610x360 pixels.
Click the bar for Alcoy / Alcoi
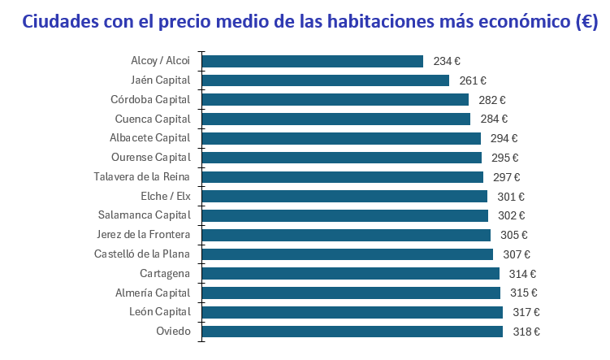pos(312,61)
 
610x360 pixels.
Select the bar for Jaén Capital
pos(325,80)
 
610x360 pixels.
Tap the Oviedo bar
pos(352,332)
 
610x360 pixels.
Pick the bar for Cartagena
pos(350,274)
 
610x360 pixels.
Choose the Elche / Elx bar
pos(344,197)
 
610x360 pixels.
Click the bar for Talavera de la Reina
pos(342,177)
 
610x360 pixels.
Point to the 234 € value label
pos(447,61)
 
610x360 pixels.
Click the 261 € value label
pos(473,80)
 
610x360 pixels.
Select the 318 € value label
pos(526,332)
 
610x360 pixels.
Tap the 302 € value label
pos(511,216)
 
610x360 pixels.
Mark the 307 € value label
pos(517,254)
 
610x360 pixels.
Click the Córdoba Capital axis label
pos(150,100)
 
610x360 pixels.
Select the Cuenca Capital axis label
pos(153,119)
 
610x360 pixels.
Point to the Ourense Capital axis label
pos(150,158)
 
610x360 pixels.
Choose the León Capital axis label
pos(159,312)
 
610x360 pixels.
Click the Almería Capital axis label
pos(153,293)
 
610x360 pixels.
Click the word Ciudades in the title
pos(63,22)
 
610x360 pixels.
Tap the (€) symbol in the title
pos(585,22)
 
